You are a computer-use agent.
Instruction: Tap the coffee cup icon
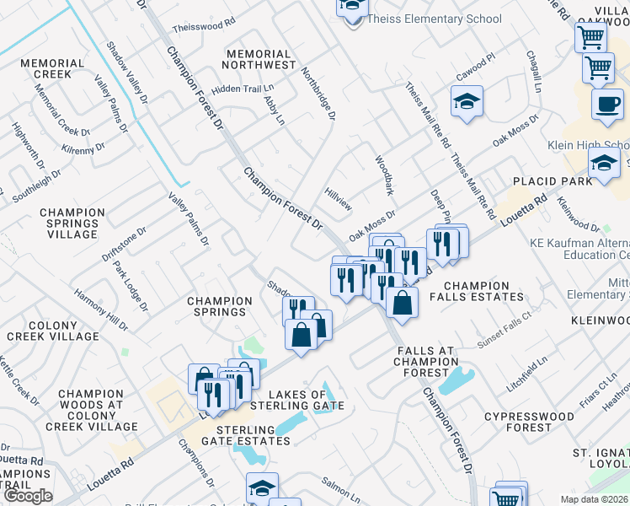(606, 105)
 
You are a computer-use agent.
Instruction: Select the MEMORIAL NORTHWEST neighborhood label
(260, 58)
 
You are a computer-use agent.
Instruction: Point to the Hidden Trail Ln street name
(243, 88)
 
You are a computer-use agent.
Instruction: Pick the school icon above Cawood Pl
(466, 103)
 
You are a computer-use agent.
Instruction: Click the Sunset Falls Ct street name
(505, 318)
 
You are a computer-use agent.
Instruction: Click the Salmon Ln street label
(341, 482)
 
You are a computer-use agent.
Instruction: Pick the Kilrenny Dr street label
(83, 148)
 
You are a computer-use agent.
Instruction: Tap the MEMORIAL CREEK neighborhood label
(53, 68)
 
